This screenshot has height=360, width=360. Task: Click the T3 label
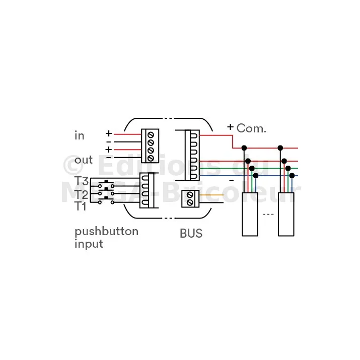tap(81, 181)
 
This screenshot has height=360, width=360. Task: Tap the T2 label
tap(81, 194)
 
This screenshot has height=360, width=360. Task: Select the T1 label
tap(81, 206)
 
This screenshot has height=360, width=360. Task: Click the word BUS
tap(191, 234)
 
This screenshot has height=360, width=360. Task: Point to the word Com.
tap(251, 128)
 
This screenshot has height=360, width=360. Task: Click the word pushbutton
tap(107, 232)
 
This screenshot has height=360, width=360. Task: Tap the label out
tap(84, 160)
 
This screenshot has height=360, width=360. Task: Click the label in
tap(80, 135)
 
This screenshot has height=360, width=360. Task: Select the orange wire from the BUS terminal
tap(211, 195)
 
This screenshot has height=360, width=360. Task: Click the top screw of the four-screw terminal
tap(151, 135)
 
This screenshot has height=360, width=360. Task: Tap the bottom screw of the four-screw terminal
tap(151, 158)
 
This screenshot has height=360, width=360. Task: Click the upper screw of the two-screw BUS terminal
tap(190, 195)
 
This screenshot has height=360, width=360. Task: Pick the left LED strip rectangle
tap(250, 214)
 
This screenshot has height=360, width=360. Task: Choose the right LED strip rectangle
tap(286, 214)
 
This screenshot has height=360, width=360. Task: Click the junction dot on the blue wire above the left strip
tap(256, 176)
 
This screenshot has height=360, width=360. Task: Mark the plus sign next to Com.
tap(230, 127)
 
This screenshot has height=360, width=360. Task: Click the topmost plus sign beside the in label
tap(109, 133)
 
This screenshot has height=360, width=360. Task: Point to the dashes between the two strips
tap(268, 214)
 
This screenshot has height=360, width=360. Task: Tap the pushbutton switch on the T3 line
tap(106, 184)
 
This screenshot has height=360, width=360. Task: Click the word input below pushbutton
tap(89, 244)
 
